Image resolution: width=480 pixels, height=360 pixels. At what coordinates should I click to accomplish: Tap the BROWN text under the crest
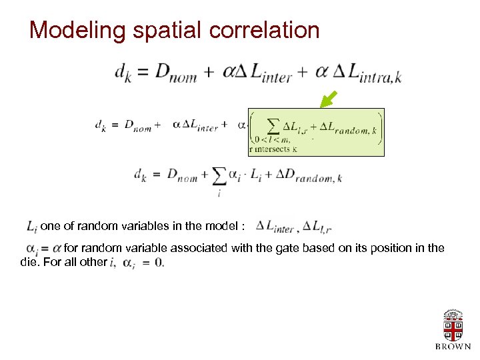click(453, 347)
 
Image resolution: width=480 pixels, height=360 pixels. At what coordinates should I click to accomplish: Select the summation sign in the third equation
click(218, 177)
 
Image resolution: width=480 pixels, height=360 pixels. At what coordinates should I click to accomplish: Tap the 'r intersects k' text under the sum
click(273, 149)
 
